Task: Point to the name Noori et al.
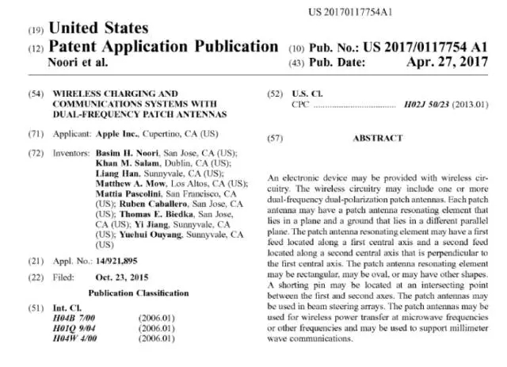coord(78,61)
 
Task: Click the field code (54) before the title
coord(35,94)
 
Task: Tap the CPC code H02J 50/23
coord(429,104)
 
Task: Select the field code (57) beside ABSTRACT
coord(275,138)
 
